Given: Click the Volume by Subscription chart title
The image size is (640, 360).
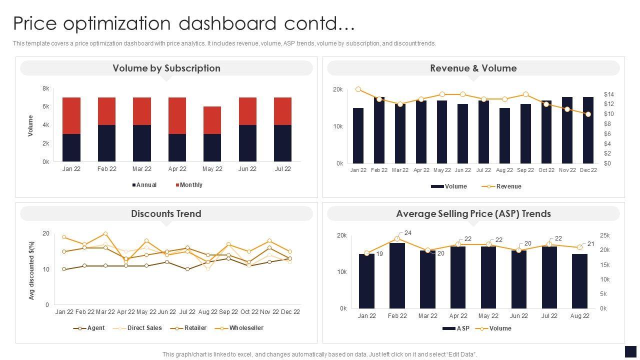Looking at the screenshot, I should tap(166, 68).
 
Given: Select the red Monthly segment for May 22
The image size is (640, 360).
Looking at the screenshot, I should tap(212, 120).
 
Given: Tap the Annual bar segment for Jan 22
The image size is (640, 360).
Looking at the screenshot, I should tap(71, 147).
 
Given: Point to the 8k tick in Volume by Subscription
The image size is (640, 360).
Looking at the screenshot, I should tap(45, 88).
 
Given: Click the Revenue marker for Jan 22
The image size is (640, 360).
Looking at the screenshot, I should tap(358, 89).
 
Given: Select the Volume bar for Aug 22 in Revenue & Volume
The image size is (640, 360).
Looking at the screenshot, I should tap(504, 135).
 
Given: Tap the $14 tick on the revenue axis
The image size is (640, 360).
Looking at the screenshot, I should tap(608, 94).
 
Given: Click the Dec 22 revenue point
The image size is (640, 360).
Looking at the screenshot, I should tap(588, 114).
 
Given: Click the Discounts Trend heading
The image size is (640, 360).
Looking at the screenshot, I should tap(166, 213).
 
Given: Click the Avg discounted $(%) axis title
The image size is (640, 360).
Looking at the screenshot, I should tap(31, 270).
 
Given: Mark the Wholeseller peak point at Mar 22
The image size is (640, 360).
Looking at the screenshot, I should tap(105, 233).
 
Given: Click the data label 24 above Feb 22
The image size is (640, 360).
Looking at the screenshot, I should tap(408, 233).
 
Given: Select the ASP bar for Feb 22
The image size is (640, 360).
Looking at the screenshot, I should tap(397, 275).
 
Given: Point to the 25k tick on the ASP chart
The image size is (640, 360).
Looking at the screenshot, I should tap(604, 235).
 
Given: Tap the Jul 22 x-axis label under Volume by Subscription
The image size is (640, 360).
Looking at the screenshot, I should tap(282, 169).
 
